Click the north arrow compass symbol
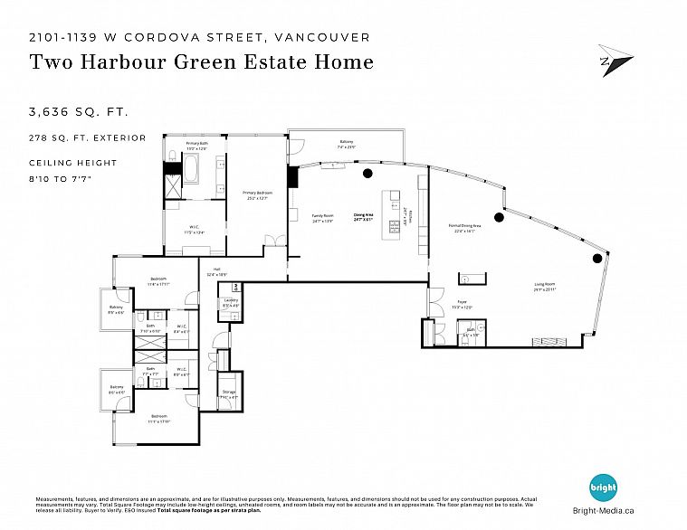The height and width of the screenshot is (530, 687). (615, 61)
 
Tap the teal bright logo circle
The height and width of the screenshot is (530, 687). (604, 488)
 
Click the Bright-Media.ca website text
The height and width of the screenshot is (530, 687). (604, 510)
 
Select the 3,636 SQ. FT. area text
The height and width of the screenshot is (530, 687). (79, 113)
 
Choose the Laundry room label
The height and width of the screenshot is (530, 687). (231, 301)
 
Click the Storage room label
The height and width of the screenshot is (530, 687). (229, 393)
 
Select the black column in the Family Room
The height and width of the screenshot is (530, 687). (367, 173)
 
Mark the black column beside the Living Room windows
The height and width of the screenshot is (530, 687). (596, 260)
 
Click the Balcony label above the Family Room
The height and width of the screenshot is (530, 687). (346, 142)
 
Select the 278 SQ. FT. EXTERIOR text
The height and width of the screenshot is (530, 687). (87, 137)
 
